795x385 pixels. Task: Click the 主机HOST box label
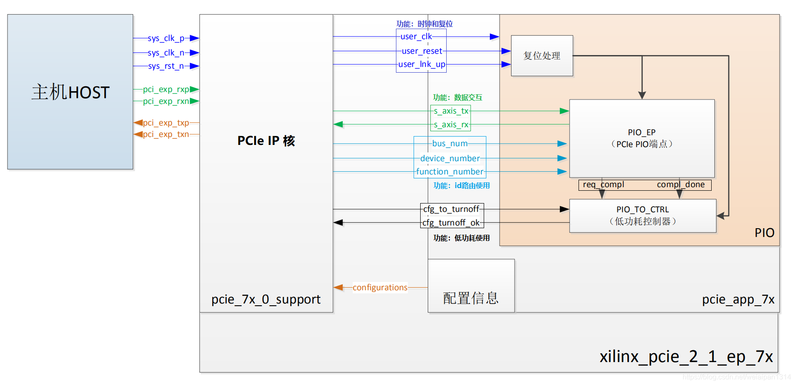pos(71,93)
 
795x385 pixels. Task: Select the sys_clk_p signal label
pos(166,38)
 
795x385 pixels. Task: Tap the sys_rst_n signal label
pos(166,66)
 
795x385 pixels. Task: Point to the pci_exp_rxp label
pos(166,89)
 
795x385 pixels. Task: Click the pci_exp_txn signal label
pos(166,134)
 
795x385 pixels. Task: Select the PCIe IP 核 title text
pos(266,141)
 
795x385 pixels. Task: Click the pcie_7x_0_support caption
pos(266,300)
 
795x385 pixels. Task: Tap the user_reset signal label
pos(422,51)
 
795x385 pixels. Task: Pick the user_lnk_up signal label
pos(422,64)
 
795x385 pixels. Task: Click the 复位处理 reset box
pos(542,56)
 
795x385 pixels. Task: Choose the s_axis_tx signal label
pos(451,111)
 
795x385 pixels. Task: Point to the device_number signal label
pos(450,158)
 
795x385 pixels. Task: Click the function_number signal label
pos(450,172)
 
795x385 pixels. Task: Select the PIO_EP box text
pos(642,138)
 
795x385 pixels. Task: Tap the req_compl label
pos(603,185)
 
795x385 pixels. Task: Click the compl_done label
pos(681,185)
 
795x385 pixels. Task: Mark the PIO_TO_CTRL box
pos(642,215)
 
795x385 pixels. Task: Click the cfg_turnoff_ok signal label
pos(451,223)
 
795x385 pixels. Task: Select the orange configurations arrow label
pos(380,288)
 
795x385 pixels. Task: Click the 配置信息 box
pos(471,298)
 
